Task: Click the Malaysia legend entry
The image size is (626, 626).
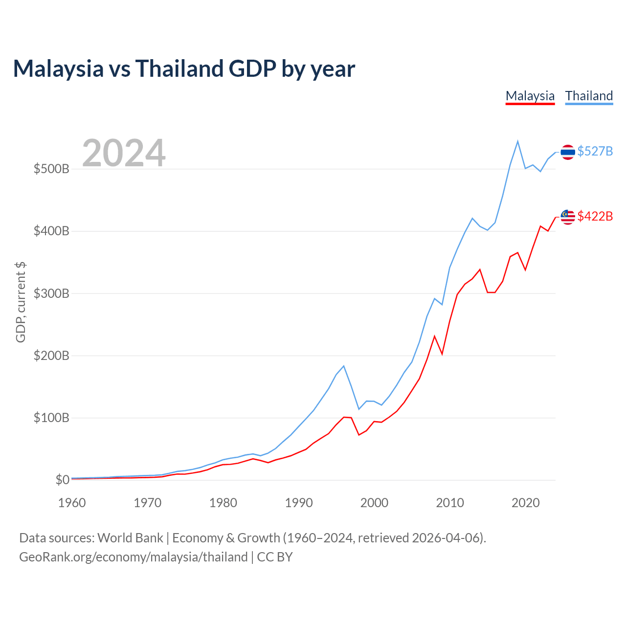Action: pyautogui.click(x=530, y=96)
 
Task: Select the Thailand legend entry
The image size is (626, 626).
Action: pyautogui.click(x=589, y=96)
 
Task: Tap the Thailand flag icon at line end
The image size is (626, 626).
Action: pyautogui.click(x=567, y=152)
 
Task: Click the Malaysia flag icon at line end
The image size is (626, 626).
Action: pyautogui.click(x=567, y=217)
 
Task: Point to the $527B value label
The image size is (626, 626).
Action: pyautogui.click(x=595, y=152)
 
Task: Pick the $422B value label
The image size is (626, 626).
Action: pyautogui.click(x=595, y=216)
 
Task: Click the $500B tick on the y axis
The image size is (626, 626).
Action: pyautogui.click(x=51, y=169)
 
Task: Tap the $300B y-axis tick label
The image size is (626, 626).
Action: pyautogui.click(x=51, y=293)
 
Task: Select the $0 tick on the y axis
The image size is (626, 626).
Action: pyautogui.click(x=63, y=480)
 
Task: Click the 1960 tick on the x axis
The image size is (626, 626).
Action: pyautogui.click(x=72, y=503)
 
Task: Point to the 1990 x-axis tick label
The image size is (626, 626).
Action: pyautogui.click(x=298, y=503)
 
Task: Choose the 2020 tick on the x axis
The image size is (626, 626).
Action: pyautogui.click(x=525, y=503)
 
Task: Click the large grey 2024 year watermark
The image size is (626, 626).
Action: pyautogui.click(x=124, y=153)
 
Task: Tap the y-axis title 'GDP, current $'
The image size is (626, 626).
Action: pyautogui.click(x=21, y=302)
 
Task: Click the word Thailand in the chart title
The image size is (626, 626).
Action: pyautogui.click(x=179, y=68)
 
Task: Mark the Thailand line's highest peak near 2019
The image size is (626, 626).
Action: pyautogui.click(x=517, y=141)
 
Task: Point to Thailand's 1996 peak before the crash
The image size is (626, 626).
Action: pyautogui.click(x=344, y=366)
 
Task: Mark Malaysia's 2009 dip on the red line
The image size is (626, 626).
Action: pyautogui.click(x=442, y=354)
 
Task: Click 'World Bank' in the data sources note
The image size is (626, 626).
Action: pyautogui.click(x=130, y=538)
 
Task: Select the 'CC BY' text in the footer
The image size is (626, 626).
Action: pyautogui.click(x=275, y=557)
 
